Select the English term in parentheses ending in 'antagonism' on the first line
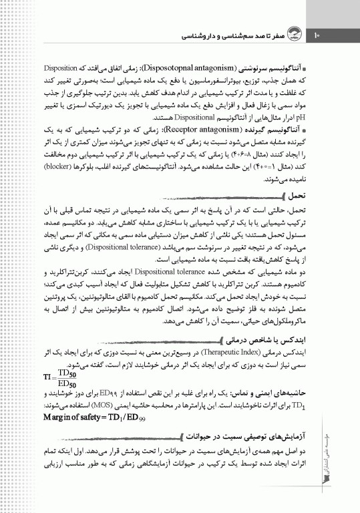199,67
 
